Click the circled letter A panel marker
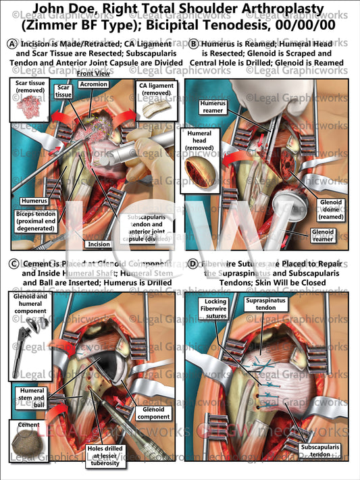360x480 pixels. (11, 44)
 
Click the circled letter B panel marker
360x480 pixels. (194, 44)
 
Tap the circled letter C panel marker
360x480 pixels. (11, 263)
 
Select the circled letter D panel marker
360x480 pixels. (194, 263)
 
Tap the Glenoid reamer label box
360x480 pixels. (327, 234)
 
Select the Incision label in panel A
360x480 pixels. (93, 244)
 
